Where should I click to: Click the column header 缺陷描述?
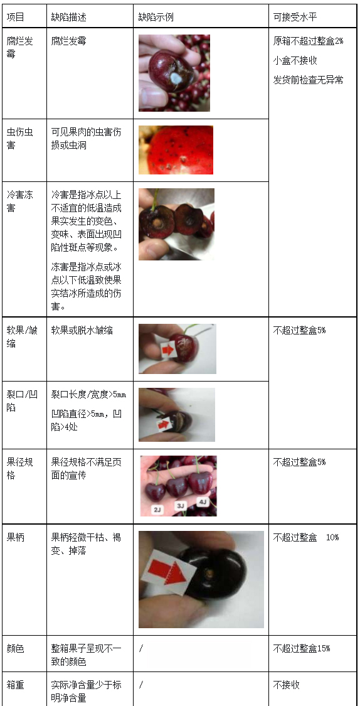(68, 17)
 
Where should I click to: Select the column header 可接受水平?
(295, 17)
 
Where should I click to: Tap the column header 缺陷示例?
(156, 17)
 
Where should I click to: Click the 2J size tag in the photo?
(157, 510)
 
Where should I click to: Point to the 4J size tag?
(203, 502)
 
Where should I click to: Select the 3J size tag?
(180, 505)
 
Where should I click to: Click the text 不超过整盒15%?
(301, 648)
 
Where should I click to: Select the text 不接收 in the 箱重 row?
(287, 685)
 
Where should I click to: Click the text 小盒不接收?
(295, 60)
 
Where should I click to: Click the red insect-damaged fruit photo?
(176, 150)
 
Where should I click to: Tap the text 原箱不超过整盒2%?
(308, 41)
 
